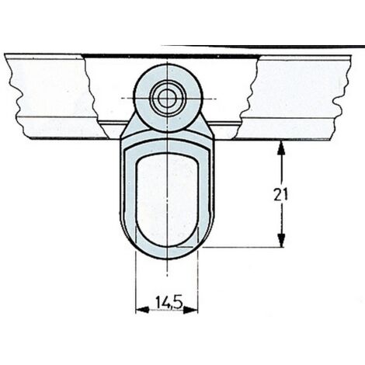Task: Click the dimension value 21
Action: coord(280,195)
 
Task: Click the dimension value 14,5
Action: coord(169,302)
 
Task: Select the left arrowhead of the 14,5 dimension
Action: coord(142,310)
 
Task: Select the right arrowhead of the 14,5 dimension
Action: coord(190,310)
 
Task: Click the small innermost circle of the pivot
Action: coord(168,99)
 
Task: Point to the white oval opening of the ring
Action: coord(168,200)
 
